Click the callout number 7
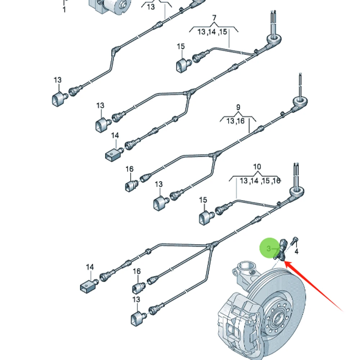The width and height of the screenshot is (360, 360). tap(214, 18)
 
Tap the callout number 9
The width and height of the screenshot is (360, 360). tap(238, 107)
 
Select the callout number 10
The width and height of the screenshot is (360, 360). tap(257, 167)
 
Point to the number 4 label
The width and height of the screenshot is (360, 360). tap(296, 251)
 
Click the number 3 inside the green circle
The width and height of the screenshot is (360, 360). tap(269, 248)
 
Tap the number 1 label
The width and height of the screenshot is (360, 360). tap(64, 10)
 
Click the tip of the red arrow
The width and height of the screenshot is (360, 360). tap(285, 262)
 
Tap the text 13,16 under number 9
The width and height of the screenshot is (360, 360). tap(235, 121)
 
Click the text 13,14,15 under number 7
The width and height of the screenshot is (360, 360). tap(212, 32)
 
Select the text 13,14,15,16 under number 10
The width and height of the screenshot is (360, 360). tap(260, 181)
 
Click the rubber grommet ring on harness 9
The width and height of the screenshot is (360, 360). tap(300, 102)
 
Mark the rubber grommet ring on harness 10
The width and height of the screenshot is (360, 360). tap(297, 191)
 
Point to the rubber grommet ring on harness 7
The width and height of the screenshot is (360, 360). tap(274, 39)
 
